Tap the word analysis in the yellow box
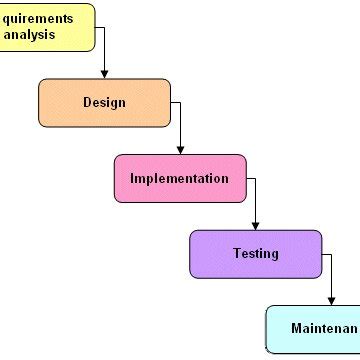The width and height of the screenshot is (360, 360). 29,35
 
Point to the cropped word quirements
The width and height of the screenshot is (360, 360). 37,18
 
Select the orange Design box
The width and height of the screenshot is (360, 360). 104,103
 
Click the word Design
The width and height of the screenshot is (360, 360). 104,103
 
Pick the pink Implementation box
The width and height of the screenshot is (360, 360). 180,178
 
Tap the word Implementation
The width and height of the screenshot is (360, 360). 180,179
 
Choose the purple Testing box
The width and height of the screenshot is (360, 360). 256,254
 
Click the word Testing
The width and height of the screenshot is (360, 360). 256,254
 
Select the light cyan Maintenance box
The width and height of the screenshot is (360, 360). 312,329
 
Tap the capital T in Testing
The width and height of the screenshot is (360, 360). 237,254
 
